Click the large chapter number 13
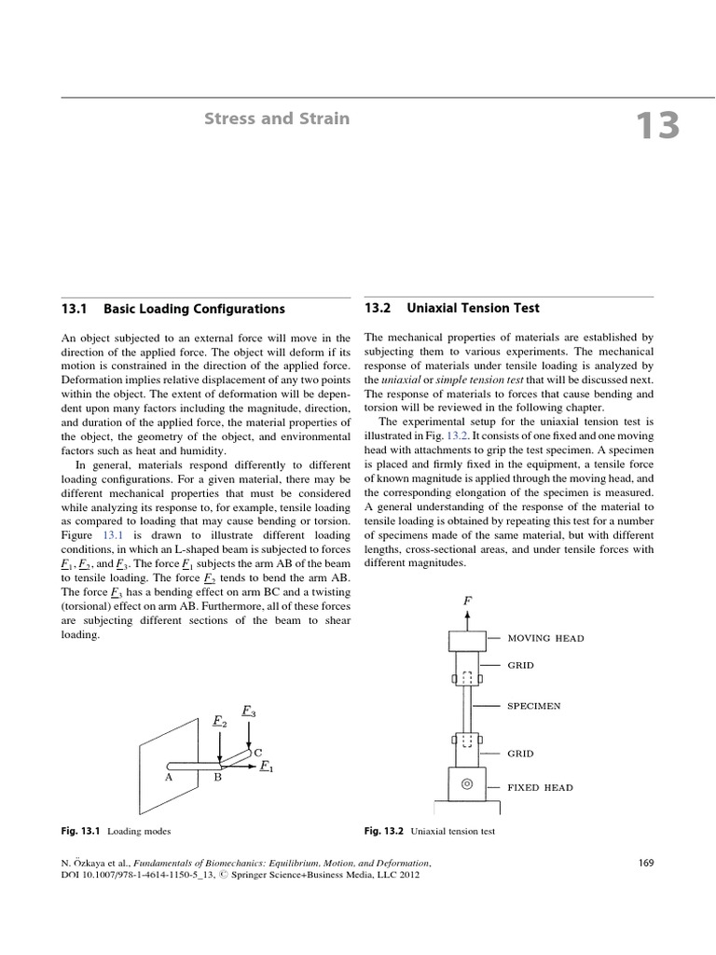657,126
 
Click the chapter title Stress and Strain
277,118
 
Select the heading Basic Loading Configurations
194,309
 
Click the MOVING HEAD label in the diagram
545,638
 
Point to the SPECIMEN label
533,706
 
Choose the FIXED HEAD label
540,787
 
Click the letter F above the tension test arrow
467,602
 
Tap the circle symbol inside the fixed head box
467,784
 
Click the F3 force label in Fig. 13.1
249,711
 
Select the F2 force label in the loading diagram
219,721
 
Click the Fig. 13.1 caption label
81,828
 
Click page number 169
647,863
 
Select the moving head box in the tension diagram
467,640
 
